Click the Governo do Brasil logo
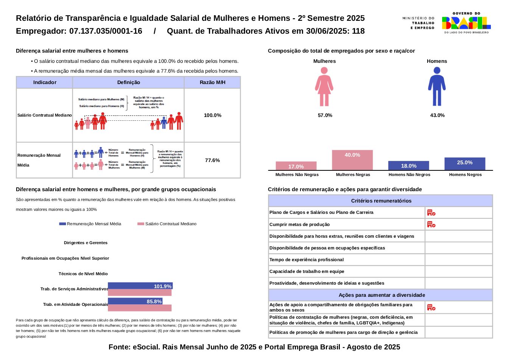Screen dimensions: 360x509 point(466,23)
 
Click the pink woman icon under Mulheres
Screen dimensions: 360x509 point(324,87)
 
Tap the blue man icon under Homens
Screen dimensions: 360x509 point(437,87)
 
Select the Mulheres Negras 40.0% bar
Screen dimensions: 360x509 point(352,160)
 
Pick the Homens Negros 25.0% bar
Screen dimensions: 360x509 point(465,164)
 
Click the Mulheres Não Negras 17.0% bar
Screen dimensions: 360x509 point(296,166)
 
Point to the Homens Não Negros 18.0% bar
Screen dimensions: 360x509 point(409,165)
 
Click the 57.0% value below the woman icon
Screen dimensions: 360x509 point(325,115)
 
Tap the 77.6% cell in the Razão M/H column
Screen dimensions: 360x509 point(212,160)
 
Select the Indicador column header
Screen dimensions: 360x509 point(45,82)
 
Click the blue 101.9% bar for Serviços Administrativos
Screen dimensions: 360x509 point(140,286)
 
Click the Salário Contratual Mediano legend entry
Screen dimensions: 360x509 point(167,224)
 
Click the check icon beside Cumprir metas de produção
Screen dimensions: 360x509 point(431,224)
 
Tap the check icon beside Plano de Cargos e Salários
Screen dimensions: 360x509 point(431,212)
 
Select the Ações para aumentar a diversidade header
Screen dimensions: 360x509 point(381,295)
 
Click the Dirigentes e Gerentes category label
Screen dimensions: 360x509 point(86,243)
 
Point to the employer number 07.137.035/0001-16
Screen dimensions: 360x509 point(106,31)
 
